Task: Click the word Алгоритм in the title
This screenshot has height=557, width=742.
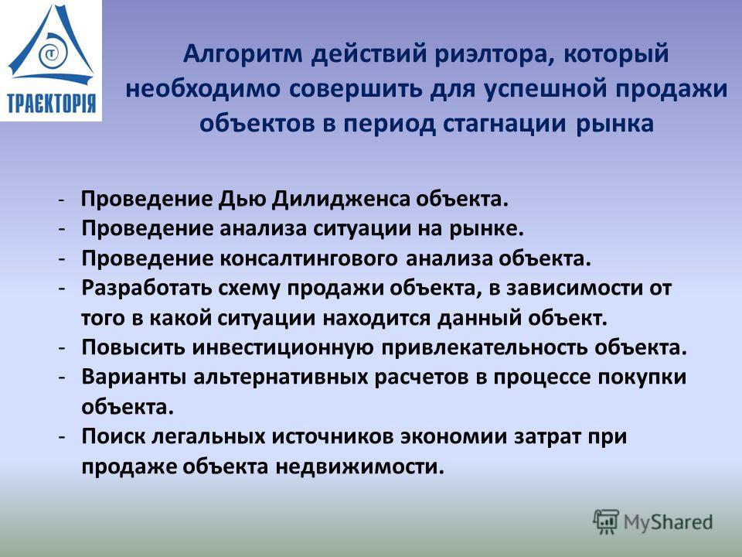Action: (243, 54)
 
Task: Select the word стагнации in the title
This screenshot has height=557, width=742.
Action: (505, 124)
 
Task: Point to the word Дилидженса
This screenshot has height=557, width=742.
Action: (341, 200)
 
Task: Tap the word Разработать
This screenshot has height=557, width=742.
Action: (146, 288)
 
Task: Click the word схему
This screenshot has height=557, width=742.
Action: (250, 289)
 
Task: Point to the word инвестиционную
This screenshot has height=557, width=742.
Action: (284, 347)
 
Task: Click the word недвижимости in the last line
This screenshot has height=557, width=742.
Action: (360, 466)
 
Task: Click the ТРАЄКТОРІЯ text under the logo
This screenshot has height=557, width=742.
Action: (51, 103)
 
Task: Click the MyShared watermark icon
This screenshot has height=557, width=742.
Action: (607, 522)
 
